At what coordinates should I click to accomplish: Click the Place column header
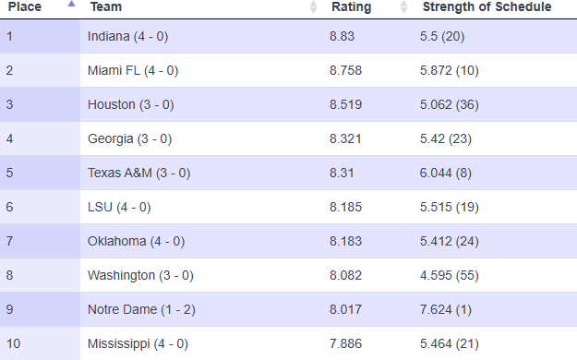pyautogui.click(x=25, y=7)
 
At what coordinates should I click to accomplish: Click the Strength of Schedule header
pyautogui.click(x=487, y=7)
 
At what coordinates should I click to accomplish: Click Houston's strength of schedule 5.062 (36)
pyautogui.click(x=462, y=104)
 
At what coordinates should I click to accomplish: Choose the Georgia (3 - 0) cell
pyautogui.click(x=129, y=138)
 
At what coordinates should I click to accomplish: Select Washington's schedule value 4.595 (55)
pyautogui.click(x=462, y=275)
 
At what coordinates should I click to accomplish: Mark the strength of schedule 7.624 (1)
pyautogui.click(x=458, y=309)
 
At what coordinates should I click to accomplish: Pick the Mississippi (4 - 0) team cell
pyautogui.click(x=138, y=343)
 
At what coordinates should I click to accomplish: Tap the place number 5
pyautogui.click(x=10, y=173)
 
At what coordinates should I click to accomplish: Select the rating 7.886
pyautogui.click(x=346, y=343)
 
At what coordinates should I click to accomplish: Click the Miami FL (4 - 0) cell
pyautogui.click(x=133, y=70)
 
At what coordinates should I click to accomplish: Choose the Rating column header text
pyautogui.click(x=351, y=7)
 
